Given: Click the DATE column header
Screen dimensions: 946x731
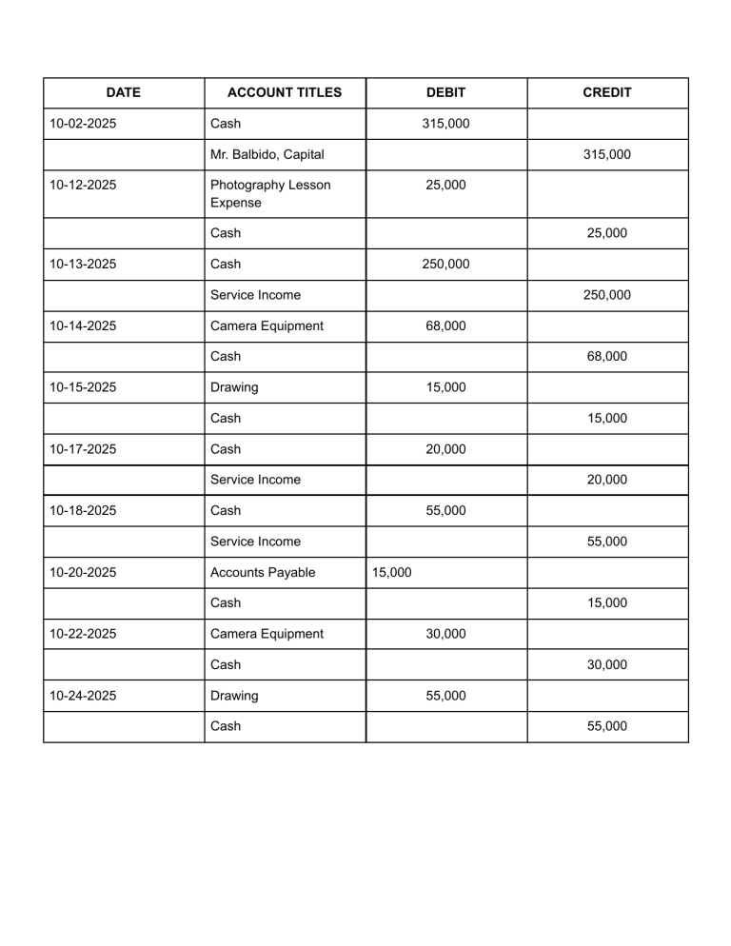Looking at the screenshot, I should tap(123, 92).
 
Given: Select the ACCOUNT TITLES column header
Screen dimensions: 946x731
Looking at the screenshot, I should tap(284, 92).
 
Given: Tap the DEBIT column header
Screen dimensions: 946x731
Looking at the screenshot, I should tap(445, 92).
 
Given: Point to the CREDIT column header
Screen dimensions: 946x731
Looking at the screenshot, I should tap(606, 92).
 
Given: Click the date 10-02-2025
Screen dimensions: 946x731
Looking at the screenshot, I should tap(83, 124).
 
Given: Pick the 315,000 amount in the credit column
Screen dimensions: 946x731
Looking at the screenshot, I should tap(606, 154).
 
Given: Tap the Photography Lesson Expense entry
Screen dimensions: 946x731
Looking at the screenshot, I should tap(270, 193).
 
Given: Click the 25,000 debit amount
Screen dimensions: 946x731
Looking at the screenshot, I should tap(445, 185).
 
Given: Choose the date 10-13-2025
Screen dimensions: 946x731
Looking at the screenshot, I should tap(83, 264).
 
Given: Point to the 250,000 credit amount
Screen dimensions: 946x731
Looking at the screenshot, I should tap(606, 295).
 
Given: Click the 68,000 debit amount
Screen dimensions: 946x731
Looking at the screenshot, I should tap(445, 325).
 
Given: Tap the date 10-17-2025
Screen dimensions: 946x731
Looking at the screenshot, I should tap(83, 449).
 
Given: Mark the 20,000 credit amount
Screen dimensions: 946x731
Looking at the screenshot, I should tap(606, 480).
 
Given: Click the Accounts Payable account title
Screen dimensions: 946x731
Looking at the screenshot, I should tap(262, 572).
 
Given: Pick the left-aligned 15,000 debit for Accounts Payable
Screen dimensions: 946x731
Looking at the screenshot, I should tap(392, 572).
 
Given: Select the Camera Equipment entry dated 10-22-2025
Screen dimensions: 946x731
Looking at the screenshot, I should tap(267, 634).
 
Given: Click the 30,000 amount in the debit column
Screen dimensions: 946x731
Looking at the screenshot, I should tap(445, 634).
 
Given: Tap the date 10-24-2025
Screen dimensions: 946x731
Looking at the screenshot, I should tap(83, 696).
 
